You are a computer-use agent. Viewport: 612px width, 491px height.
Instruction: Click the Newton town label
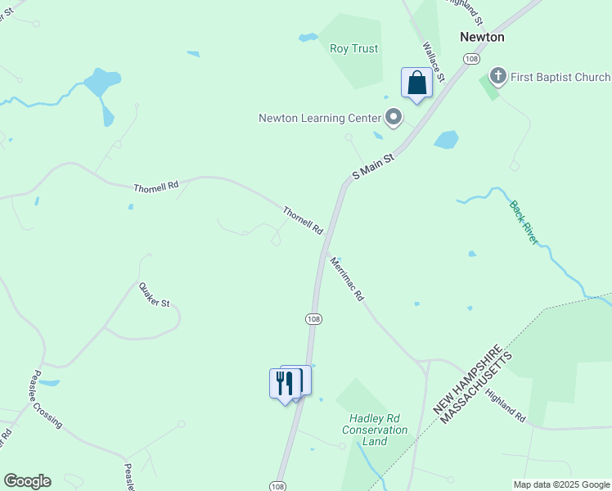[482, 37]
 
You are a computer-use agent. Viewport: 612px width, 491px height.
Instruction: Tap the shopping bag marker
[416, 83]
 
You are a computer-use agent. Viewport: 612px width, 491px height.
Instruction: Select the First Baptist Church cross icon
[497, 77]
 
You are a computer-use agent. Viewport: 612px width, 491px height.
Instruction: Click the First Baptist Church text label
[560, 77]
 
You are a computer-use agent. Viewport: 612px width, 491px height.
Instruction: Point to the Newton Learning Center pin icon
[394, 118]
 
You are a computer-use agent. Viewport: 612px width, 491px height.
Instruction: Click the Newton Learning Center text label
[320, 118]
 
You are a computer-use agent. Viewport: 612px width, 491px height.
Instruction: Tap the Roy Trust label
[353, 49]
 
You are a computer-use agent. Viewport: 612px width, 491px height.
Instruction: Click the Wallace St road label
[433, 62]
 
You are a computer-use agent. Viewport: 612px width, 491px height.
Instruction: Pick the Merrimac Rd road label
[346, 279]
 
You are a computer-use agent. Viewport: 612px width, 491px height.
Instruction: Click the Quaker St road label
[154, 295]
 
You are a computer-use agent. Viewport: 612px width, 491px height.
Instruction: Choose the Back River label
[524, 223]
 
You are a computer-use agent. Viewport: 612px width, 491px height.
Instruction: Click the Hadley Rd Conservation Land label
[374, 430]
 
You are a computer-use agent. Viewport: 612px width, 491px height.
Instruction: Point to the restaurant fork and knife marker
[285, 382]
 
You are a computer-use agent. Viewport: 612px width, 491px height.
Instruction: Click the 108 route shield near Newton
[470, 59]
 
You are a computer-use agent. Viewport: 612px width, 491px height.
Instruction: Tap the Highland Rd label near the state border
[504, 405]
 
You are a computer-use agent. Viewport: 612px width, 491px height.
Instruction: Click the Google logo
[27, 481]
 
